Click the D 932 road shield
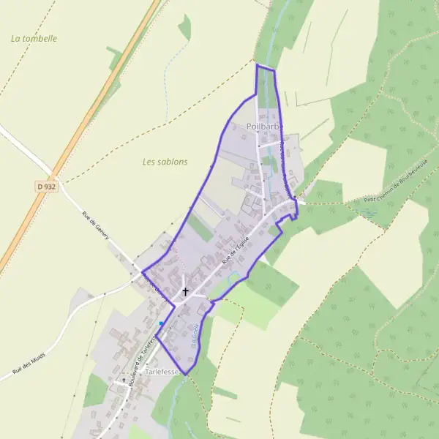pos(45,187)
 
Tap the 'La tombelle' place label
pos(34,38)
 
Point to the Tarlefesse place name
pos(163,372)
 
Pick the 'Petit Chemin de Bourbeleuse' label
pos(395,190)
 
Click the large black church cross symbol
pos(184,292)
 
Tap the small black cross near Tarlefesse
pos(123,381)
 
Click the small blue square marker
pos(161,323)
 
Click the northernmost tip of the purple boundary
pos(257,65)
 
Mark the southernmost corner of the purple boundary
pos(187,375)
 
